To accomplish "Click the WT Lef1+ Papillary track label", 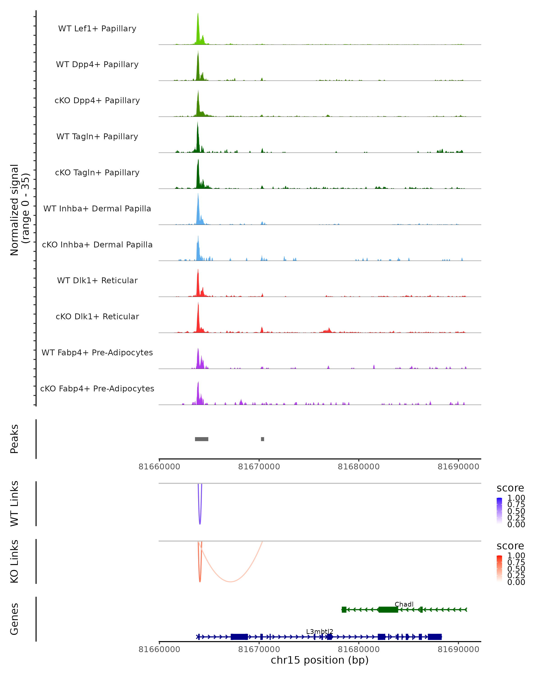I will coord(97,29).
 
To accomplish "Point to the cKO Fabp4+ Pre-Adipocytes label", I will coord(97,388).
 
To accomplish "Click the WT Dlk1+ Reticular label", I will coord(97,280).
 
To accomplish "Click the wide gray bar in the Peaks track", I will coord(202,439).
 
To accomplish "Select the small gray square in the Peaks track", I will coord(263,439).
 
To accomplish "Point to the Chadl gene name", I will coord(404,604).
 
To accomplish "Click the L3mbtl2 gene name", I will coord(320,631).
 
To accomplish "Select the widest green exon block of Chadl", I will coord(388,610).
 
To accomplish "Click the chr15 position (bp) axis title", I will coord(320,660).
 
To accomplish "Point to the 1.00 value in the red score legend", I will coord(516,556).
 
